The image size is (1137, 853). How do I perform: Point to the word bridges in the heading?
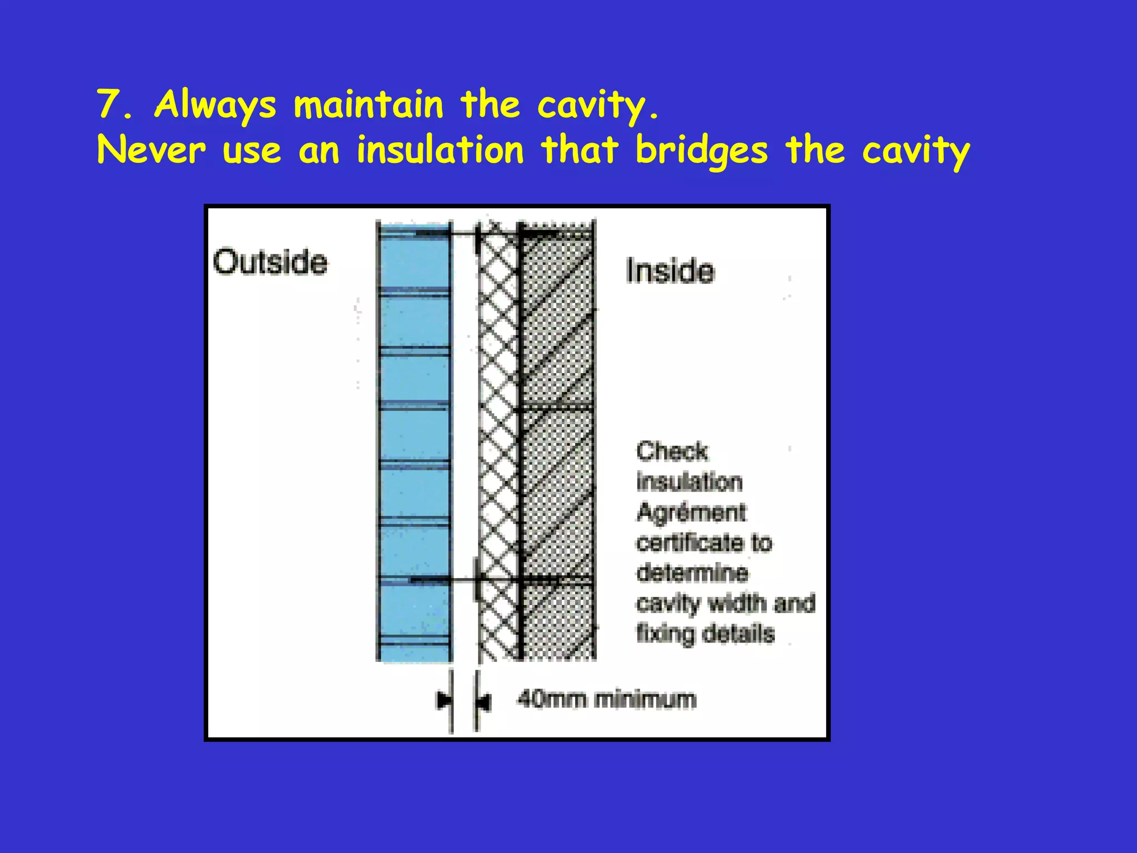(702, 151)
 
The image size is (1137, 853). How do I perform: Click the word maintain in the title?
(369, 104)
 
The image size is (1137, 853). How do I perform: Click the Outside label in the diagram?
(270, 262)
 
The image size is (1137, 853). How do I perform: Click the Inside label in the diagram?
(670, 271)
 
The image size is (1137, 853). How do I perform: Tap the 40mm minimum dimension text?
(606, 699)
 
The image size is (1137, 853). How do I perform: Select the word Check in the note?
(672, 451)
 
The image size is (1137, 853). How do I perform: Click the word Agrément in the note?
(691, 512)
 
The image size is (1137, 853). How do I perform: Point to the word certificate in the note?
(689, 543)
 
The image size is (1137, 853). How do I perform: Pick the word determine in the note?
(692, 573)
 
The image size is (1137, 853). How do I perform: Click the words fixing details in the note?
(705, 634)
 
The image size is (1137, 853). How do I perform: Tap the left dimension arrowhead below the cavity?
(444, 700)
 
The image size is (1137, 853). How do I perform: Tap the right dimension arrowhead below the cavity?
(483, 702)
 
